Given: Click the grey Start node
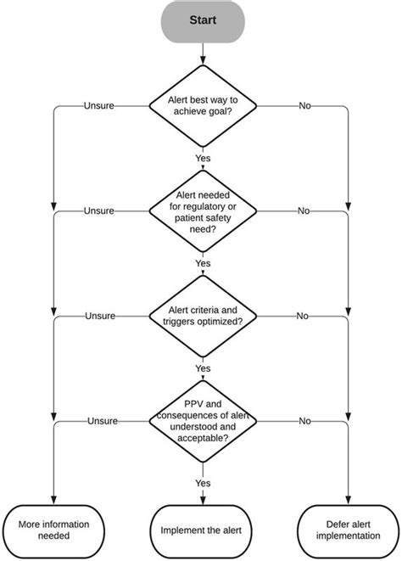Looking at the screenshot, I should pyautogui.click(x=201, y=20).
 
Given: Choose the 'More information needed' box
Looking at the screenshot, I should pyautogui.click(x=53, y=530).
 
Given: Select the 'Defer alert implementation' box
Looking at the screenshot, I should pyautogui.click(x=348, y=530).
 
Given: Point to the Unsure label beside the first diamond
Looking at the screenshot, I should pyautogui.click(x=99, y=106).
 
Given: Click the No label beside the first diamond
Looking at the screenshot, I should pyautogui.click(x=303, y=106).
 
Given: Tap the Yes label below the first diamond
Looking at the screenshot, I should pyautogui.click(x=202, y=158).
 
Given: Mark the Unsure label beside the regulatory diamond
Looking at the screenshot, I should pyautogui.click(x=99, y=210).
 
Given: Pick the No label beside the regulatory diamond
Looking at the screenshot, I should pyautogui.click(x=303, y=210).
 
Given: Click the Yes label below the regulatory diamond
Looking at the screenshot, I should pyautogui.click(x=202, y=263).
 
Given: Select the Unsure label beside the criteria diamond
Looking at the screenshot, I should pyautogui.click(x=99, y=316).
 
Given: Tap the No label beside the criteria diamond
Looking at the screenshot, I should pyautogui.click(x=303, y=316).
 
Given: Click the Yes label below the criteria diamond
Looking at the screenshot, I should pyautogui.click(x=202, y=368).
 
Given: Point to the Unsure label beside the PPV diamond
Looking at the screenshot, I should pyautogui.click(x=99, y=421).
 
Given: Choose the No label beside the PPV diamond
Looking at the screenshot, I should pyautogui.click(x=303, y=421).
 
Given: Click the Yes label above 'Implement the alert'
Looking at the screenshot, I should pyautogui.click(x=202, y=482).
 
